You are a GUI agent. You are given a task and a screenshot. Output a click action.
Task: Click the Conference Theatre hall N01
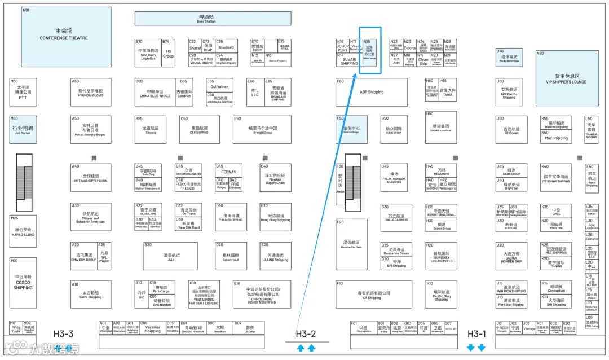tap(63, 34)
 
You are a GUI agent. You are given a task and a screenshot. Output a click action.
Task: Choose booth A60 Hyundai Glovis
tap(91, 92)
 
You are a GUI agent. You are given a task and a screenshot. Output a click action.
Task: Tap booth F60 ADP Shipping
tap(372, 92)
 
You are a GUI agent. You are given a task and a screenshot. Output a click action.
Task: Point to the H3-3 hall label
tap(64, 334)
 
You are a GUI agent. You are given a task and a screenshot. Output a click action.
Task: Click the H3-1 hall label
tap(477, 334)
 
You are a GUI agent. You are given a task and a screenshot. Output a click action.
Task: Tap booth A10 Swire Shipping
tap(91, 295)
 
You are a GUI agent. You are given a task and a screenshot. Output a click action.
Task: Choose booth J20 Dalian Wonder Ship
tap(511, 256)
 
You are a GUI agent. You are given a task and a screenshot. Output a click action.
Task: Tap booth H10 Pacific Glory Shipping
tap(441, 294)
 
